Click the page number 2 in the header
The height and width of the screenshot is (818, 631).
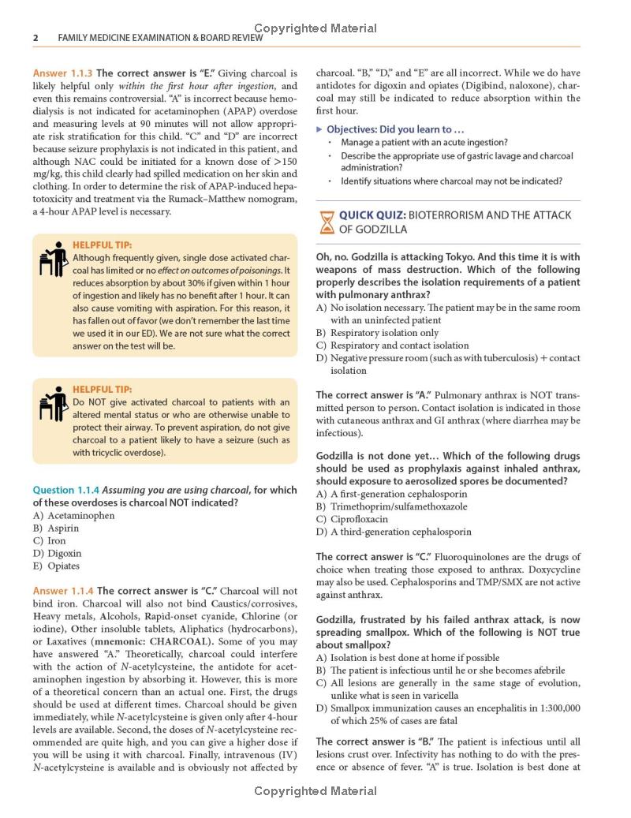tap(35, 38)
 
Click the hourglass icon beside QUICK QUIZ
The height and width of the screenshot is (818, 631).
tap(325, 222)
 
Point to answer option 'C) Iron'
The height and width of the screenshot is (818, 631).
tap(50, 541)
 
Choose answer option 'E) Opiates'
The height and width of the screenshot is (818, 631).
tap(56, 566)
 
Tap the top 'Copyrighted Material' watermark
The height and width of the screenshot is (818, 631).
tap(315, 28)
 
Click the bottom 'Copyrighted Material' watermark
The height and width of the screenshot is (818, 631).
tap(315, 790)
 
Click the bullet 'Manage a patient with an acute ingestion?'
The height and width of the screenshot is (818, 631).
tap(424, 143)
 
